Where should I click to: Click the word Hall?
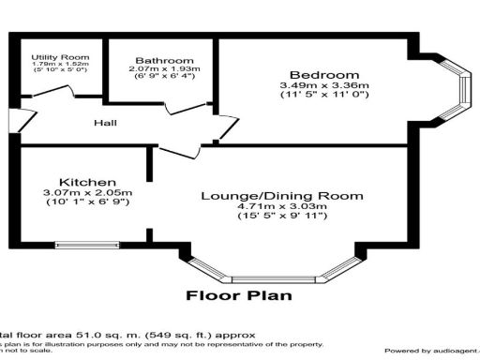click(x=105, y=123)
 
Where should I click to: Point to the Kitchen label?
click(x=87, y=181)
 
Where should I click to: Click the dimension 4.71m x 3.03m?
click(x=282, y=207)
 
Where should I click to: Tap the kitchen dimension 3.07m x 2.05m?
click(x=87, y=193)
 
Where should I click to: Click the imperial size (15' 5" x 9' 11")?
click(x=282, y=218)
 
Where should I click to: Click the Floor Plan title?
click(x=238, y=295)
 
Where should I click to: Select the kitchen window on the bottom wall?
click(x=86, y=247)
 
